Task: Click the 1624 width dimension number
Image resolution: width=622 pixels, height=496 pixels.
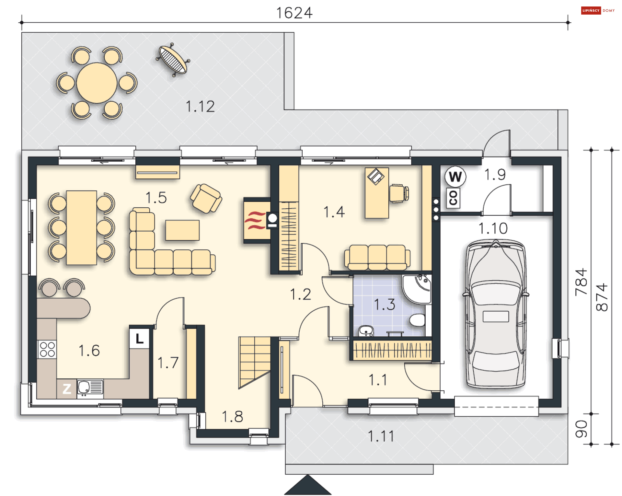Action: [294, 13]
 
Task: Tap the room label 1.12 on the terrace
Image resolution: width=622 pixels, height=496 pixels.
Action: [200, 106]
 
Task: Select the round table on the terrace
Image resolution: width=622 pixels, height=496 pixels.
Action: [97, 83]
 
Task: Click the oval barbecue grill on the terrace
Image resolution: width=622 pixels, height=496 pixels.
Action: [173, 60]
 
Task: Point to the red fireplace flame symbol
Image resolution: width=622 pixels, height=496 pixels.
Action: [255, 220]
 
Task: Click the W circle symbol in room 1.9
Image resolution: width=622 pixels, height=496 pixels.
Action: [455, 177]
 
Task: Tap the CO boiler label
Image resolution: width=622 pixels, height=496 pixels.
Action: [453, 198]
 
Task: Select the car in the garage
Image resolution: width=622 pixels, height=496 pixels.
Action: [496, 314]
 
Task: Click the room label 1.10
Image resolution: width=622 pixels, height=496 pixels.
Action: [493, 228]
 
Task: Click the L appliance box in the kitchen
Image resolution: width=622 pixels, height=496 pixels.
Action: [139, 338]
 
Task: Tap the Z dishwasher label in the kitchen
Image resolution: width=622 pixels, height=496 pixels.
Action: [67, 389]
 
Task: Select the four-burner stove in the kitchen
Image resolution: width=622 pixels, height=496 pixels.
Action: [47, 350]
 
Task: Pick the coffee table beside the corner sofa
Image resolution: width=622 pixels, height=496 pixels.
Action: [182, 230]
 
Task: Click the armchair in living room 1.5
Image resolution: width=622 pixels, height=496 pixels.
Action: [206, 199]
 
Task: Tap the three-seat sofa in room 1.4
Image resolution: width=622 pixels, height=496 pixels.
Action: [377, 258]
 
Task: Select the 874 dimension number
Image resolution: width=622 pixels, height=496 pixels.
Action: [602, 297]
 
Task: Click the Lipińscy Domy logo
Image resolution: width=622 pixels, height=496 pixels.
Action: [598, 10]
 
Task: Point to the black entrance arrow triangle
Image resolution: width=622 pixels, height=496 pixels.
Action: [308, 485]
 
